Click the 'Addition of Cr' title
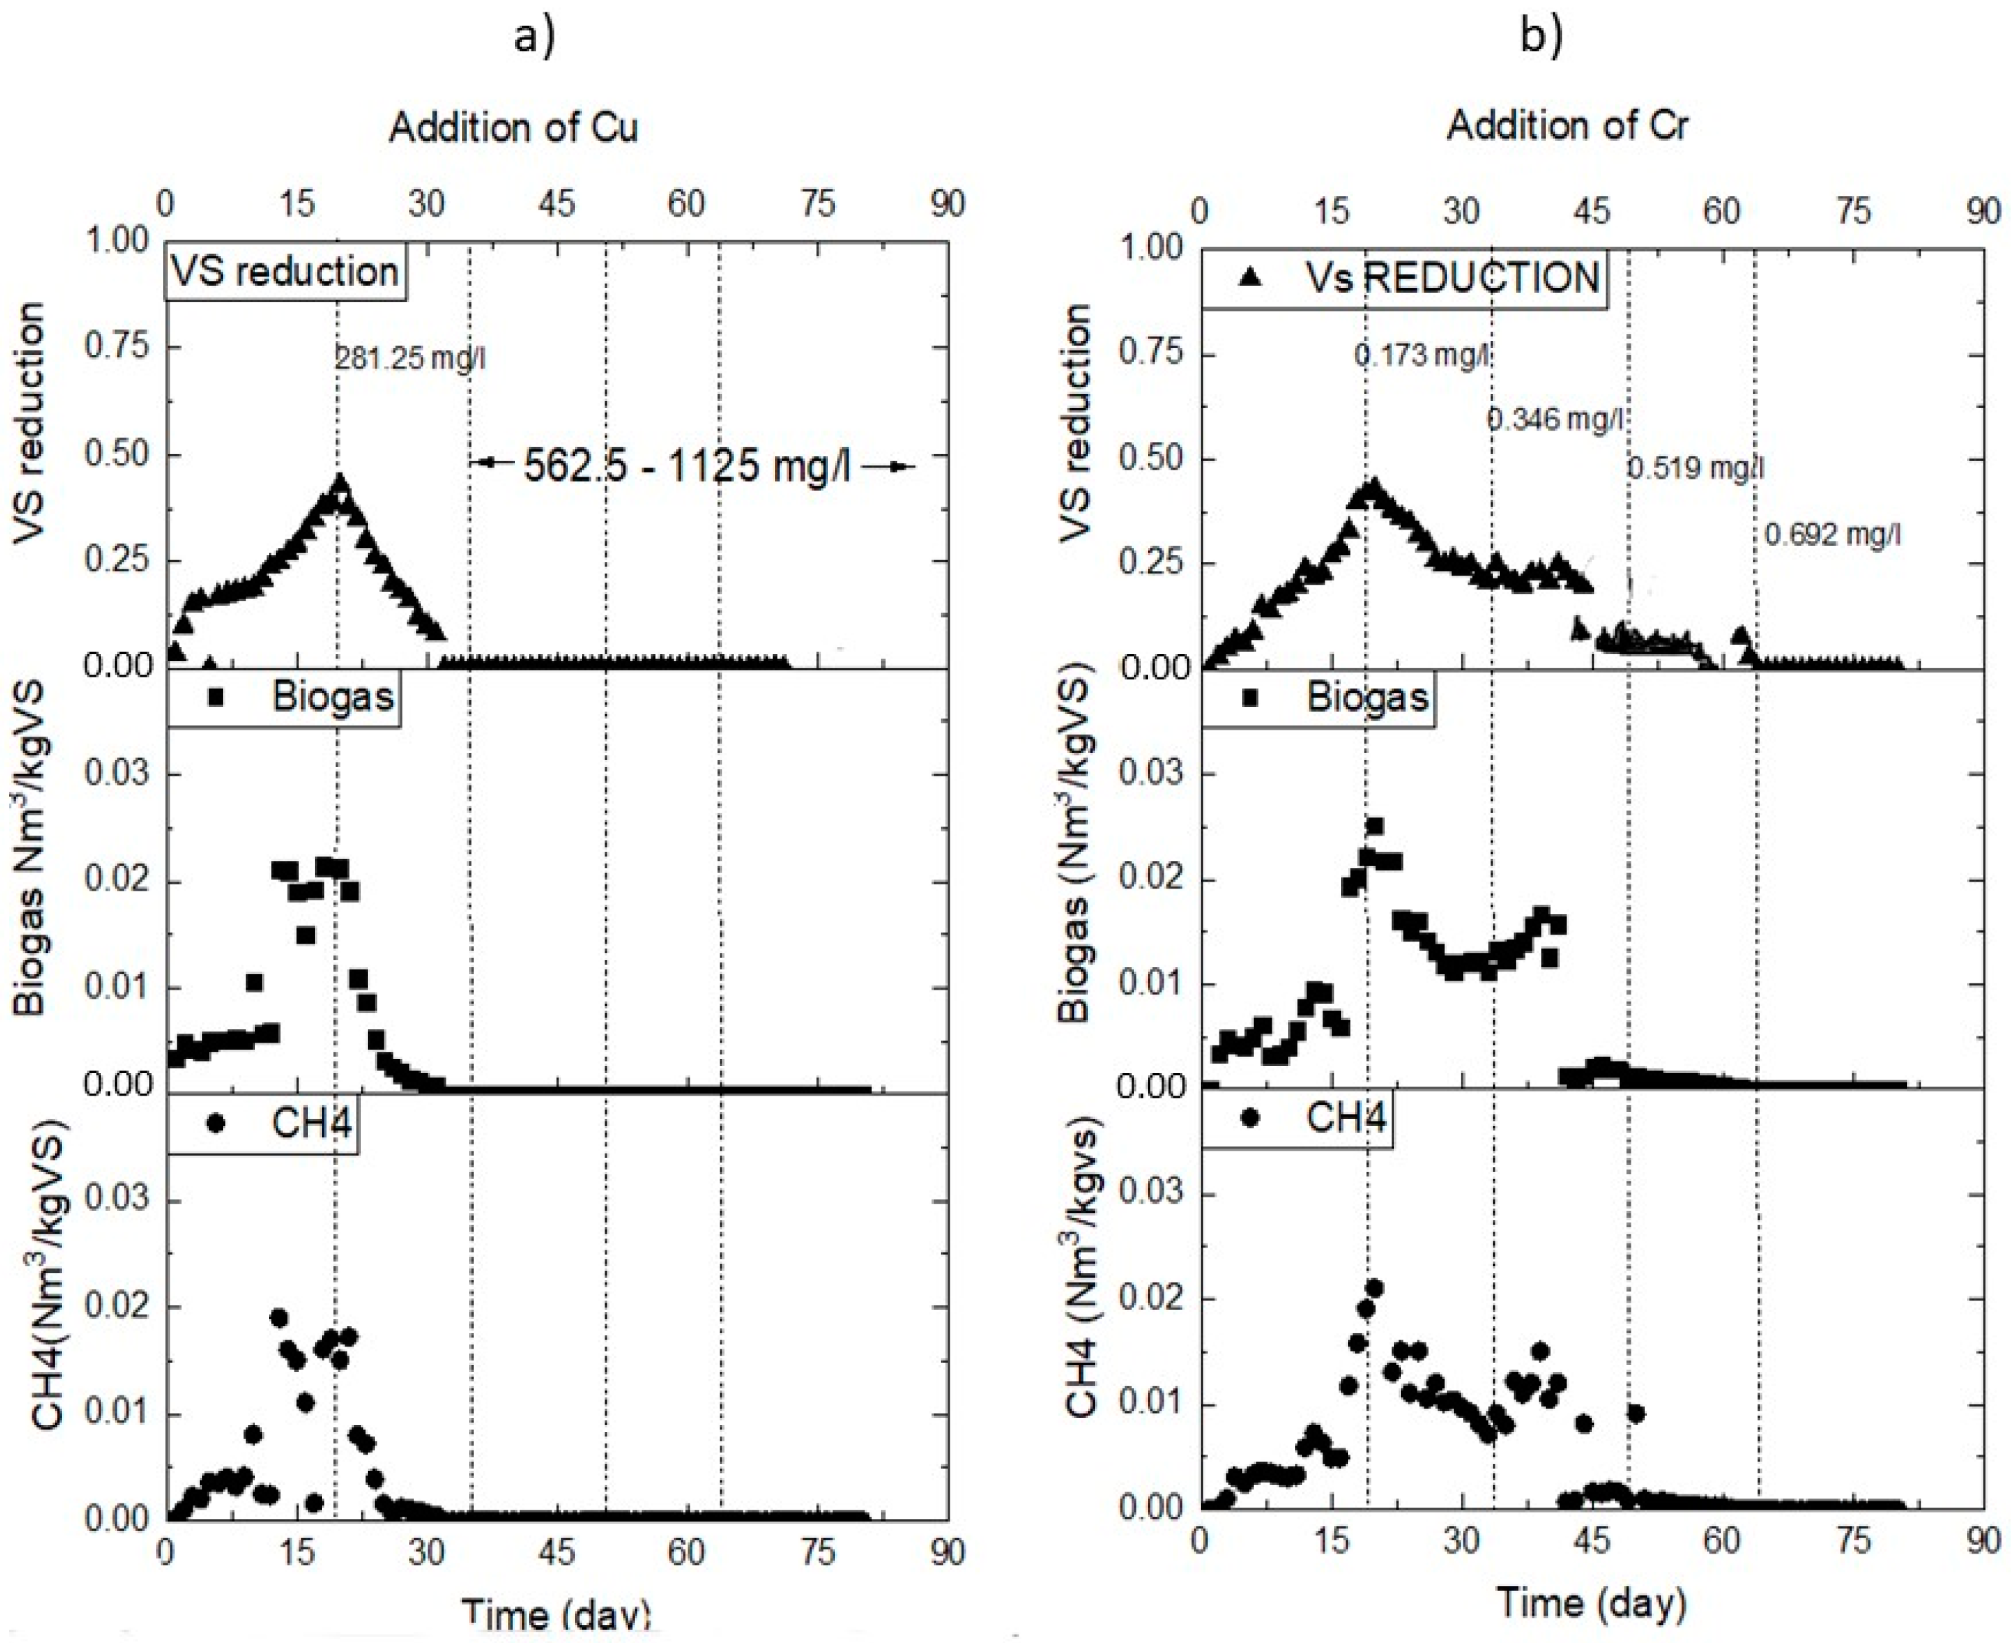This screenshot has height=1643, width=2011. click(1567, 126)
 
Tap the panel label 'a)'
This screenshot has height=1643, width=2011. click(534, 37)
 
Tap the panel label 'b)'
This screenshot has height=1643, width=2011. click(1542, 37)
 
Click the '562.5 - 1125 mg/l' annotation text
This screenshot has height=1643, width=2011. click(687, 466)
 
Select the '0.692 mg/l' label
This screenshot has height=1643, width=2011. click(1832, 536)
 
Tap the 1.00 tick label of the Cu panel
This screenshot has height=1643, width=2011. click(118, 241)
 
